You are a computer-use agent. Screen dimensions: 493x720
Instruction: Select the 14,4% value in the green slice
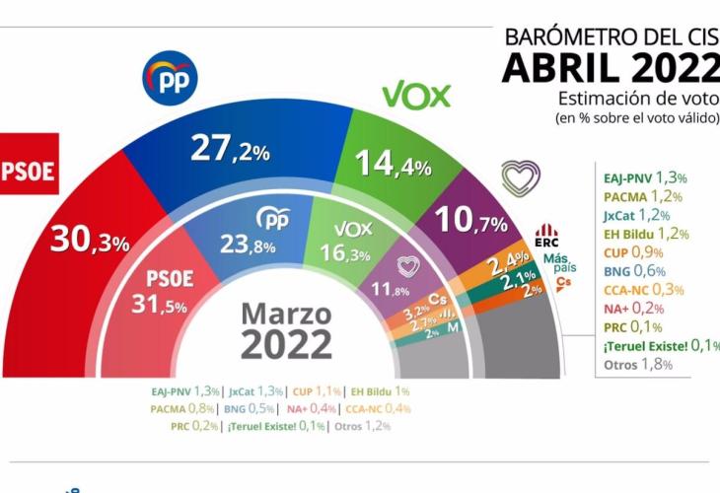[393, 163]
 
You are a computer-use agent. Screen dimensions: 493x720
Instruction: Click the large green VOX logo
[416, 96]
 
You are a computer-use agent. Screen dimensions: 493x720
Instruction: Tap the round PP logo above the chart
[171, 76]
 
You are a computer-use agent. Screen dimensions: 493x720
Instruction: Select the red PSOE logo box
[29, 167]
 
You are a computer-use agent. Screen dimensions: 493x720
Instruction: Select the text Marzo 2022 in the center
[287, 330]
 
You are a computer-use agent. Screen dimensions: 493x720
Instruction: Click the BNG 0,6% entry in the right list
[637, 271]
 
